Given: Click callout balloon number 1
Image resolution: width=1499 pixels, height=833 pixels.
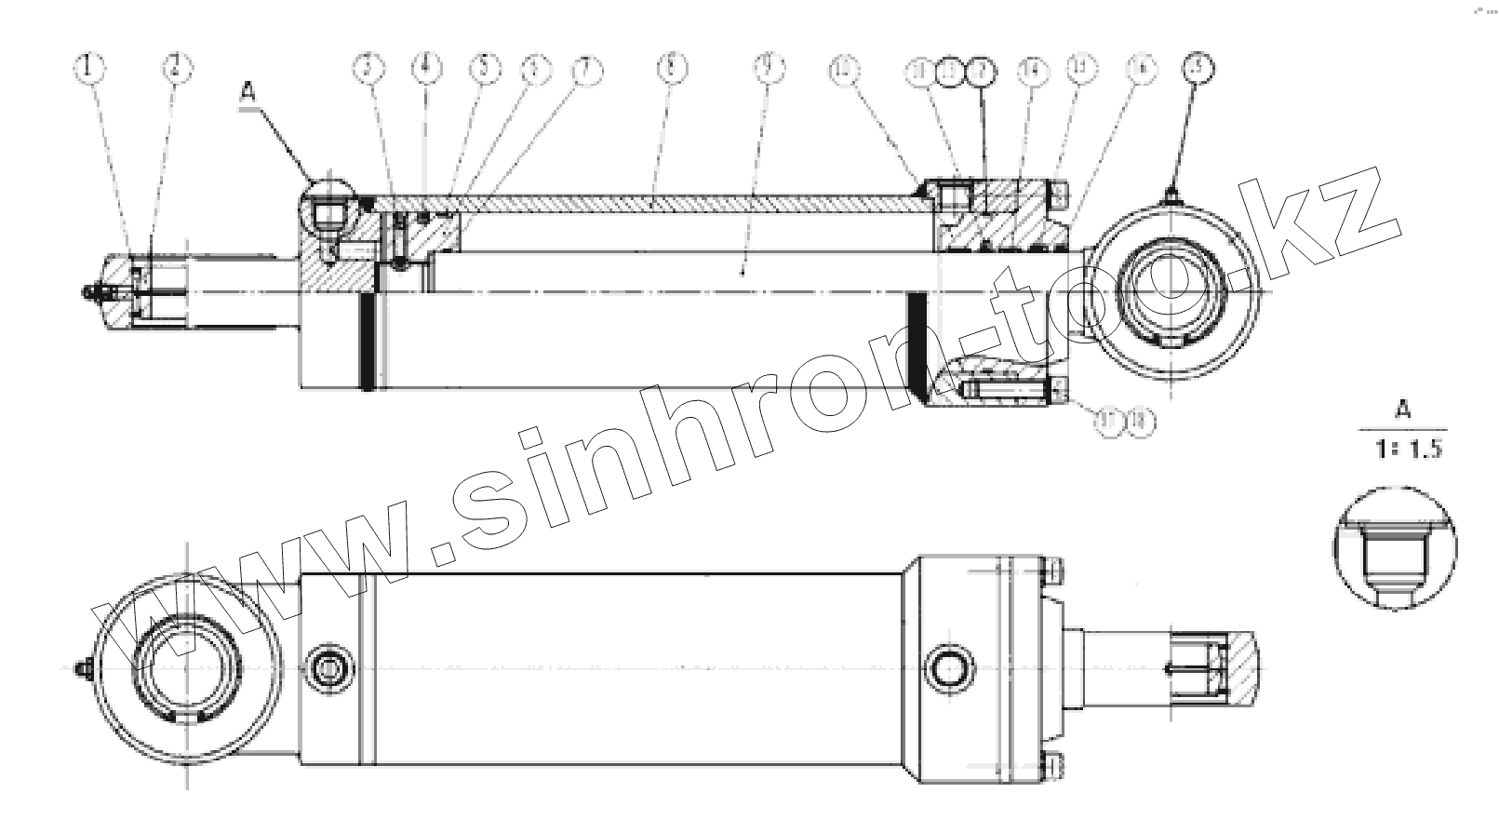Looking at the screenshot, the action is pos(90,67).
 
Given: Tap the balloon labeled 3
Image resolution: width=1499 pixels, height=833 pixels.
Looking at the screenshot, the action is pos(368,67).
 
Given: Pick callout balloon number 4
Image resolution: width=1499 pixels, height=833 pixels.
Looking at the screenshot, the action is pos(426,67).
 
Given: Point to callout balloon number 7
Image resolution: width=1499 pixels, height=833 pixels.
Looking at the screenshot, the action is pos(585,68).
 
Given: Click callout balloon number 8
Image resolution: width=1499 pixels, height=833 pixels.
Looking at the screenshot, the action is pos(671,67).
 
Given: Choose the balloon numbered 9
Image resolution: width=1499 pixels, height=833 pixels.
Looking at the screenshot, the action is pos(769,67).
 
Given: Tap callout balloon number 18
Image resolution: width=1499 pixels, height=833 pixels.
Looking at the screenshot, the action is pos(1140,422).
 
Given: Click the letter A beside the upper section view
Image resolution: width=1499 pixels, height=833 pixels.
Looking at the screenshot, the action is pos(248,91).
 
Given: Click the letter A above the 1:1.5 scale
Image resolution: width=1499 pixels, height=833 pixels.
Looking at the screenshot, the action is pos(1403,410).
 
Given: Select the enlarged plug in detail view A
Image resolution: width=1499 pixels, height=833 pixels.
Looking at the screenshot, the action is pos(1394,557).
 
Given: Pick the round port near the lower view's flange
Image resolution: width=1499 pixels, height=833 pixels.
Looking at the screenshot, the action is pos(950,667).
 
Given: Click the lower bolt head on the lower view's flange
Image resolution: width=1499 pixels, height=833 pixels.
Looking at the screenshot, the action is pos(1053,764).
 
